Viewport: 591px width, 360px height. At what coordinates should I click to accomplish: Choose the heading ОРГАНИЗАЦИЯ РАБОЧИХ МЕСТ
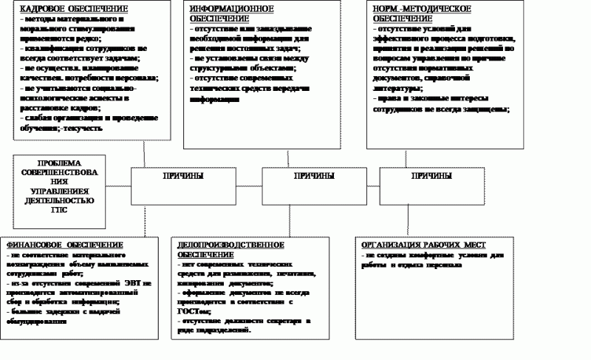425,245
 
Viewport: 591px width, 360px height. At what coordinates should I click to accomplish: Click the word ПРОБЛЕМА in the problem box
58,163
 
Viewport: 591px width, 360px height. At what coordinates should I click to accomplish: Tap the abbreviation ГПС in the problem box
58,209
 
